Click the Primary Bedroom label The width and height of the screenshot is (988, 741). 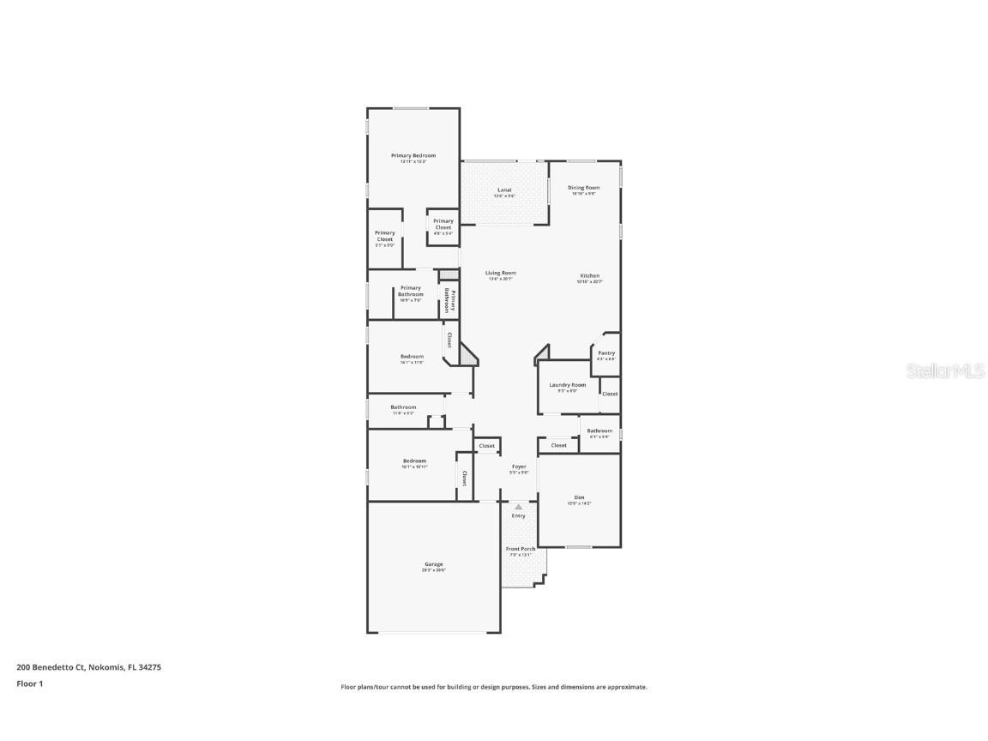coord(413,156)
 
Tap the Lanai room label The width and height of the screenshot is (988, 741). coord(504,190)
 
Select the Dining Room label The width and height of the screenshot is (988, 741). coord(583,188)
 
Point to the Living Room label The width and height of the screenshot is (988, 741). coord(500,274)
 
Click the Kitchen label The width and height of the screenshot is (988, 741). coord(588,276)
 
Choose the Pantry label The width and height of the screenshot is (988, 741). coord(606,353)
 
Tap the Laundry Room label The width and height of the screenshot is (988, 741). coord(568,385)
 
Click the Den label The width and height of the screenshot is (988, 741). coord(580,497)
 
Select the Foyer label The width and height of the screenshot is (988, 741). coord(519,467)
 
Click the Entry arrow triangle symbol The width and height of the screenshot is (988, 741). coord(518,507)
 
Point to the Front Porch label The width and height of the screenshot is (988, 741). coord(521,549)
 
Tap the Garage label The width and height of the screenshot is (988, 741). coord(433,564)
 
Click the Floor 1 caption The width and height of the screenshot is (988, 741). coord(29,684)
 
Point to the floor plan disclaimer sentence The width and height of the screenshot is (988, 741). coord(494,687)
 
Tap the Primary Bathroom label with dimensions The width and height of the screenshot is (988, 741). coord(410,291)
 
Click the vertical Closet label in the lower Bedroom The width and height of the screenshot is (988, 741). coord(465,479)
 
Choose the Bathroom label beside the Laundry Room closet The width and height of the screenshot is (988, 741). coord(599,431)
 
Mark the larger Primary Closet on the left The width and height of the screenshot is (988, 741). coord(385,236)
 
